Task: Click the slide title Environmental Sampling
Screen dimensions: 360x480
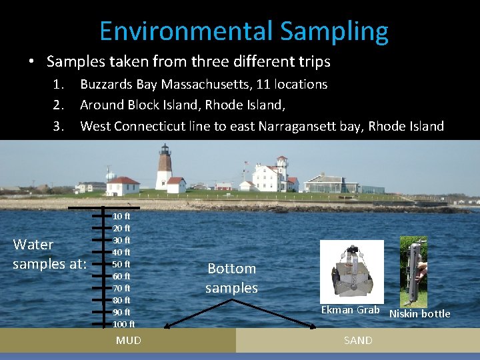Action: point(243,31)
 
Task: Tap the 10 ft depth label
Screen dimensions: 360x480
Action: point(121,216)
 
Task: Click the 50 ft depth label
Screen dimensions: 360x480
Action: point(121,264)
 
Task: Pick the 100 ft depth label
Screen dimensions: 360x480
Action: point(123,324)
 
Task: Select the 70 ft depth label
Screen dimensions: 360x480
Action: point(121,288)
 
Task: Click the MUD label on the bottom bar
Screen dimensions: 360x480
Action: point(128,341)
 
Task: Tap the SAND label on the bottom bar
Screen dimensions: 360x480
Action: point(358,341)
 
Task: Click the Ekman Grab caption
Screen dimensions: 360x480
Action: point(350,309)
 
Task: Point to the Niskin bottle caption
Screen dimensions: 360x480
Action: point(419,313)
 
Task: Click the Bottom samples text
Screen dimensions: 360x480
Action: point(231,278)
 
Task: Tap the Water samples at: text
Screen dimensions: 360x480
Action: point(50,254)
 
